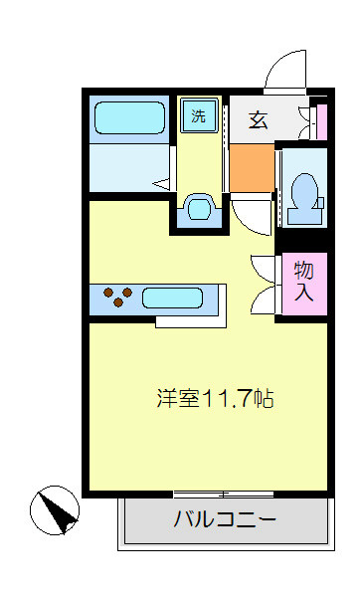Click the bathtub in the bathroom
point(130,118)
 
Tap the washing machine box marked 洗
point(199,115)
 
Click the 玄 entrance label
point(259,120)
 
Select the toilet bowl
point(304,191)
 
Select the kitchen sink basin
point(173,297)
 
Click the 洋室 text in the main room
point(178,399)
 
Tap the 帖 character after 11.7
point(264,399)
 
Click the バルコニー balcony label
point(224,519)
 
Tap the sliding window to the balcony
point(223,494)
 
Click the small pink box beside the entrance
point(320,120)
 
